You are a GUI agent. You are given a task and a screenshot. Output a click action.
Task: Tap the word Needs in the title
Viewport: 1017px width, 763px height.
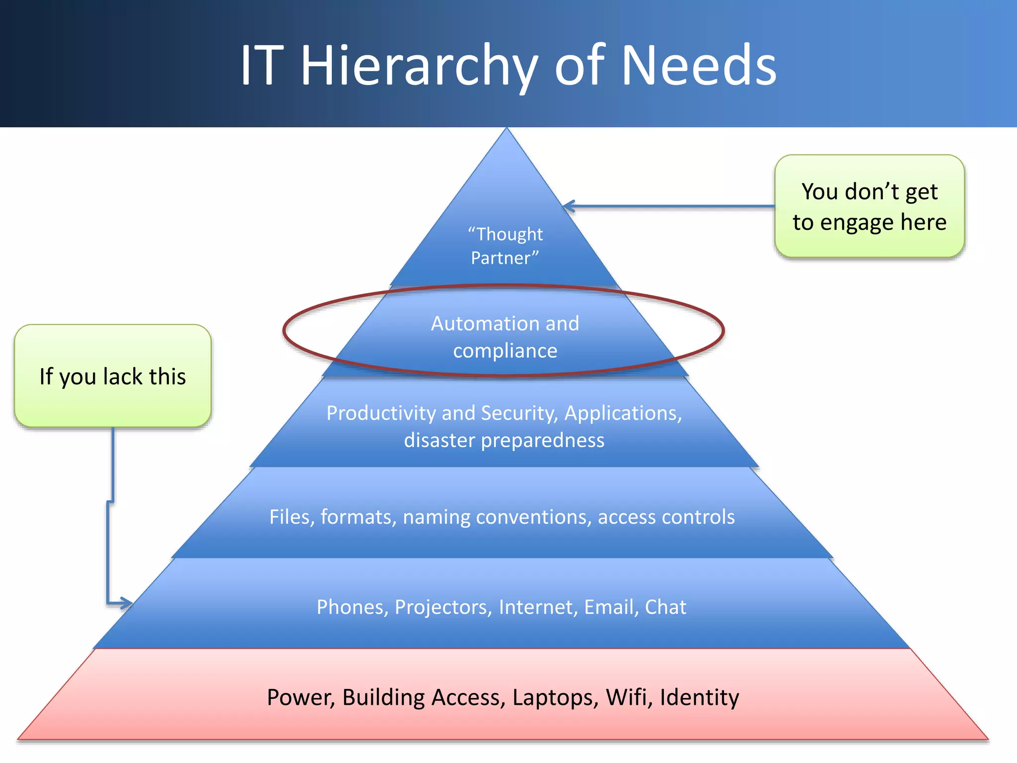pyautogui.click(x=699, y=66)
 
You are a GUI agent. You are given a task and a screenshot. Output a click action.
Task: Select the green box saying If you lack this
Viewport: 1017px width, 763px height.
pyautogui.click(x=113, y=376)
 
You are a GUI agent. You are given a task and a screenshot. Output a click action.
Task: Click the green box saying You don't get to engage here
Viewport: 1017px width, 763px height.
pyautogui.click(x=869, y=206)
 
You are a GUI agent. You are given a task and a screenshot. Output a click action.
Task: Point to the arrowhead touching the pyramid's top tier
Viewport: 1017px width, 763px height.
pyautogui.click(x=569, y=206)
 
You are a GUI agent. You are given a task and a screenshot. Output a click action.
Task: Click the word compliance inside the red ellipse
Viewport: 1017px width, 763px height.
pyautogui.click(x=505, y=351)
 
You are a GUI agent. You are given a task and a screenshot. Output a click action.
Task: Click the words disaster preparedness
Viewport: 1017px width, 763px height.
pyautogui.click(x=504, y=440)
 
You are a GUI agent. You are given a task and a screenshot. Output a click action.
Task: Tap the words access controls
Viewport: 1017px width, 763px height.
pyautogui.click(x=666, y=517)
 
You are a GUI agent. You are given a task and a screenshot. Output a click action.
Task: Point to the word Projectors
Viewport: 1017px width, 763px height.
pyautogui.click(x=443, y=607)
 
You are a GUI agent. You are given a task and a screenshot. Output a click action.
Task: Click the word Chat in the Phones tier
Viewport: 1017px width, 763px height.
pyautogui.click(x=665, y=607)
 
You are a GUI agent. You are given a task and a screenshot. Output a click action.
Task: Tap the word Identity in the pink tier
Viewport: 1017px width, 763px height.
pyautogui.click(x=699, y=697)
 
